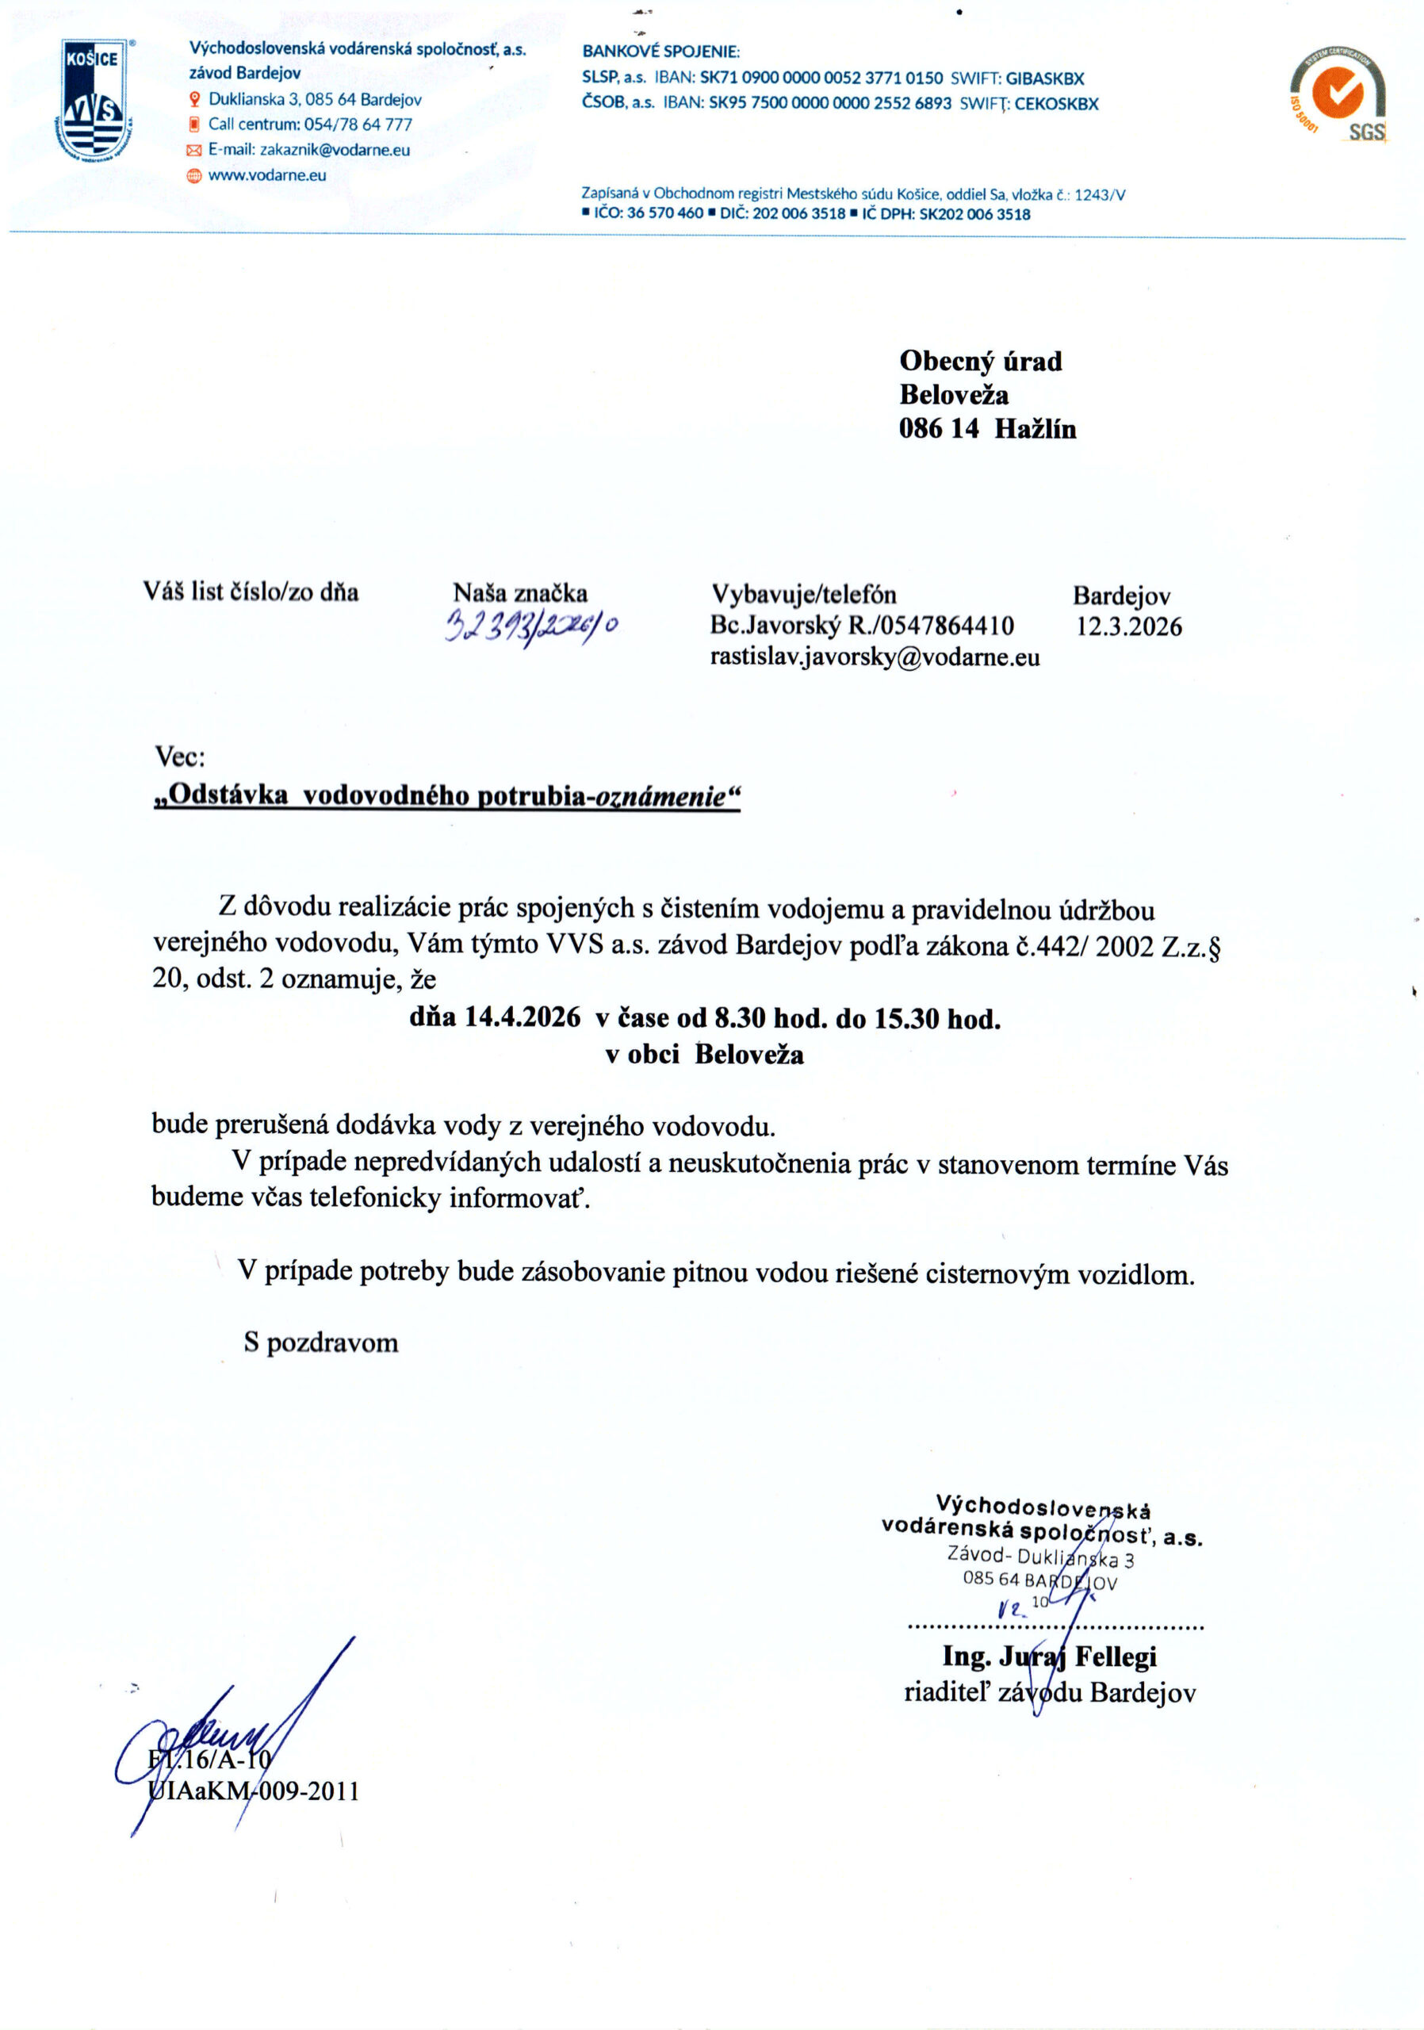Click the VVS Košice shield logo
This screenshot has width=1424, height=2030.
click(x=94, y=101)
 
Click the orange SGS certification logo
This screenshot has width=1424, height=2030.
click(x=1338, y=94)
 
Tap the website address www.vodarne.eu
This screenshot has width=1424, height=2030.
click(x=267, y=175)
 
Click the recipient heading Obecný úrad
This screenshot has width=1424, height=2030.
click(x=980, y=361)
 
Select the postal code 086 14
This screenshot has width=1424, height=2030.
click(x=938, y=429)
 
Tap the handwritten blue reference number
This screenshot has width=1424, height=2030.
click(x=532, y=625)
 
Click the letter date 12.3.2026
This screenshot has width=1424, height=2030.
click(x=1128, y=627)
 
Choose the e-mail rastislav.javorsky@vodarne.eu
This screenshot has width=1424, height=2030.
click(x=875, y=657)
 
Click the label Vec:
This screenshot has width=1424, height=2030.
click(x=179, y=756)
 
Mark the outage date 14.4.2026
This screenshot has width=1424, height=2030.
click(x=523, y=1017)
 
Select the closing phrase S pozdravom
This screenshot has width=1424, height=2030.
click(x=321, y=1342)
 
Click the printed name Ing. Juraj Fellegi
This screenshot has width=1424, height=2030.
click(x=1049, y=1656)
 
